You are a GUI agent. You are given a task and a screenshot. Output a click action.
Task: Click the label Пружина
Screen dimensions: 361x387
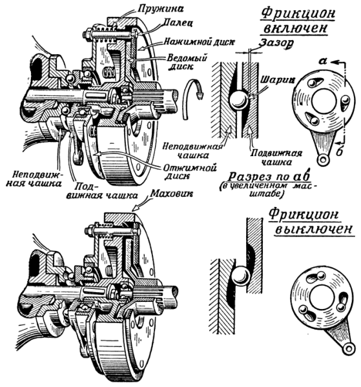161,8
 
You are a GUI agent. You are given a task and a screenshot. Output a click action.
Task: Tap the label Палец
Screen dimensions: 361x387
178,23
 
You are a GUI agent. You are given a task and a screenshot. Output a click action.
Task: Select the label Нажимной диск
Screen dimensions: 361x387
199,42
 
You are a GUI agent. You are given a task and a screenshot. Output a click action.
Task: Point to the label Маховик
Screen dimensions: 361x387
172,193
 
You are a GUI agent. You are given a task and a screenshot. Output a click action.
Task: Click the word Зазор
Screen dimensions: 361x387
276,43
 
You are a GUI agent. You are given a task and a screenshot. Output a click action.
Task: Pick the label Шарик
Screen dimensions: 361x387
278,80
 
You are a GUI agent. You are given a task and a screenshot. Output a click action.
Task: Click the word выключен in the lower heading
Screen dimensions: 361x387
314,229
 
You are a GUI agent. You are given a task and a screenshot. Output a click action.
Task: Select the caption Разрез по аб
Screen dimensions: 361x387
269,177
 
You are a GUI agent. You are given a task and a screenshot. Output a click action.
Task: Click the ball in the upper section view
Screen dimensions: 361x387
238,100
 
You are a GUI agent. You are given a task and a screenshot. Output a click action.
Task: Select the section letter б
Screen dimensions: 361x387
340,152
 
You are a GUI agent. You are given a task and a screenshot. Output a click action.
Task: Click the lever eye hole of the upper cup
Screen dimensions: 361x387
323,160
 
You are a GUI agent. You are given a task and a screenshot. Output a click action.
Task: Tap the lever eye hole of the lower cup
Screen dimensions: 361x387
348,349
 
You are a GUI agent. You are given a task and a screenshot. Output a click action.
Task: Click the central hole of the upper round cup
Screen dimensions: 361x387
324,102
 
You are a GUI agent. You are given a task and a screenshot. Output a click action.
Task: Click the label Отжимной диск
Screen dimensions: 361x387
189,172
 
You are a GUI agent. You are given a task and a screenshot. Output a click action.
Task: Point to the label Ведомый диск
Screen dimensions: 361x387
186,62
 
